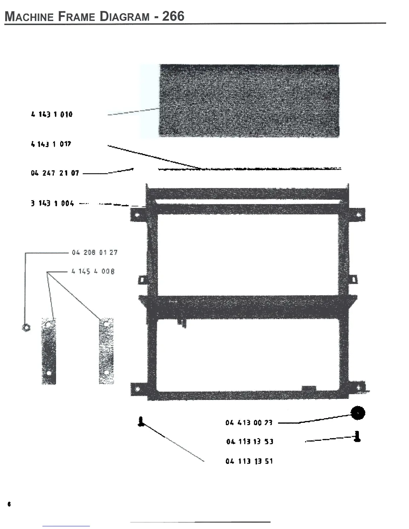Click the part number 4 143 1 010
coord(52,115)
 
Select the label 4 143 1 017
coord(51,144)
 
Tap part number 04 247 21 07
coord(55,173)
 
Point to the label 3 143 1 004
coord(52,203)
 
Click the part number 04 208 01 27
coord(95,252)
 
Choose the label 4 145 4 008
coord(93,271)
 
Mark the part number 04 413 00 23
coord(249,423)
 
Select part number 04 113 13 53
coord(250,442)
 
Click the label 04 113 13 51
coord(249,461)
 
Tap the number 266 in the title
coord(173,16)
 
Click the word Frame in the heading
coord(77,16)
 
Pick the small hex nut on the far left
coord(26,327)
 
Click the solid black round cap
coord(358,413)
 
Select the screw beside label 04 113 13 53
coord(357,436)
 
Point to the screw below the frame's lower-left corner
coord(141,421)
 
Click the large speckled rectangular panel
coord(249,100)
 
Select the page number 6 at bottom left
coord(9,504)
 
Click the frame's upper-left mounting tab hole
coord(137,215)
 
